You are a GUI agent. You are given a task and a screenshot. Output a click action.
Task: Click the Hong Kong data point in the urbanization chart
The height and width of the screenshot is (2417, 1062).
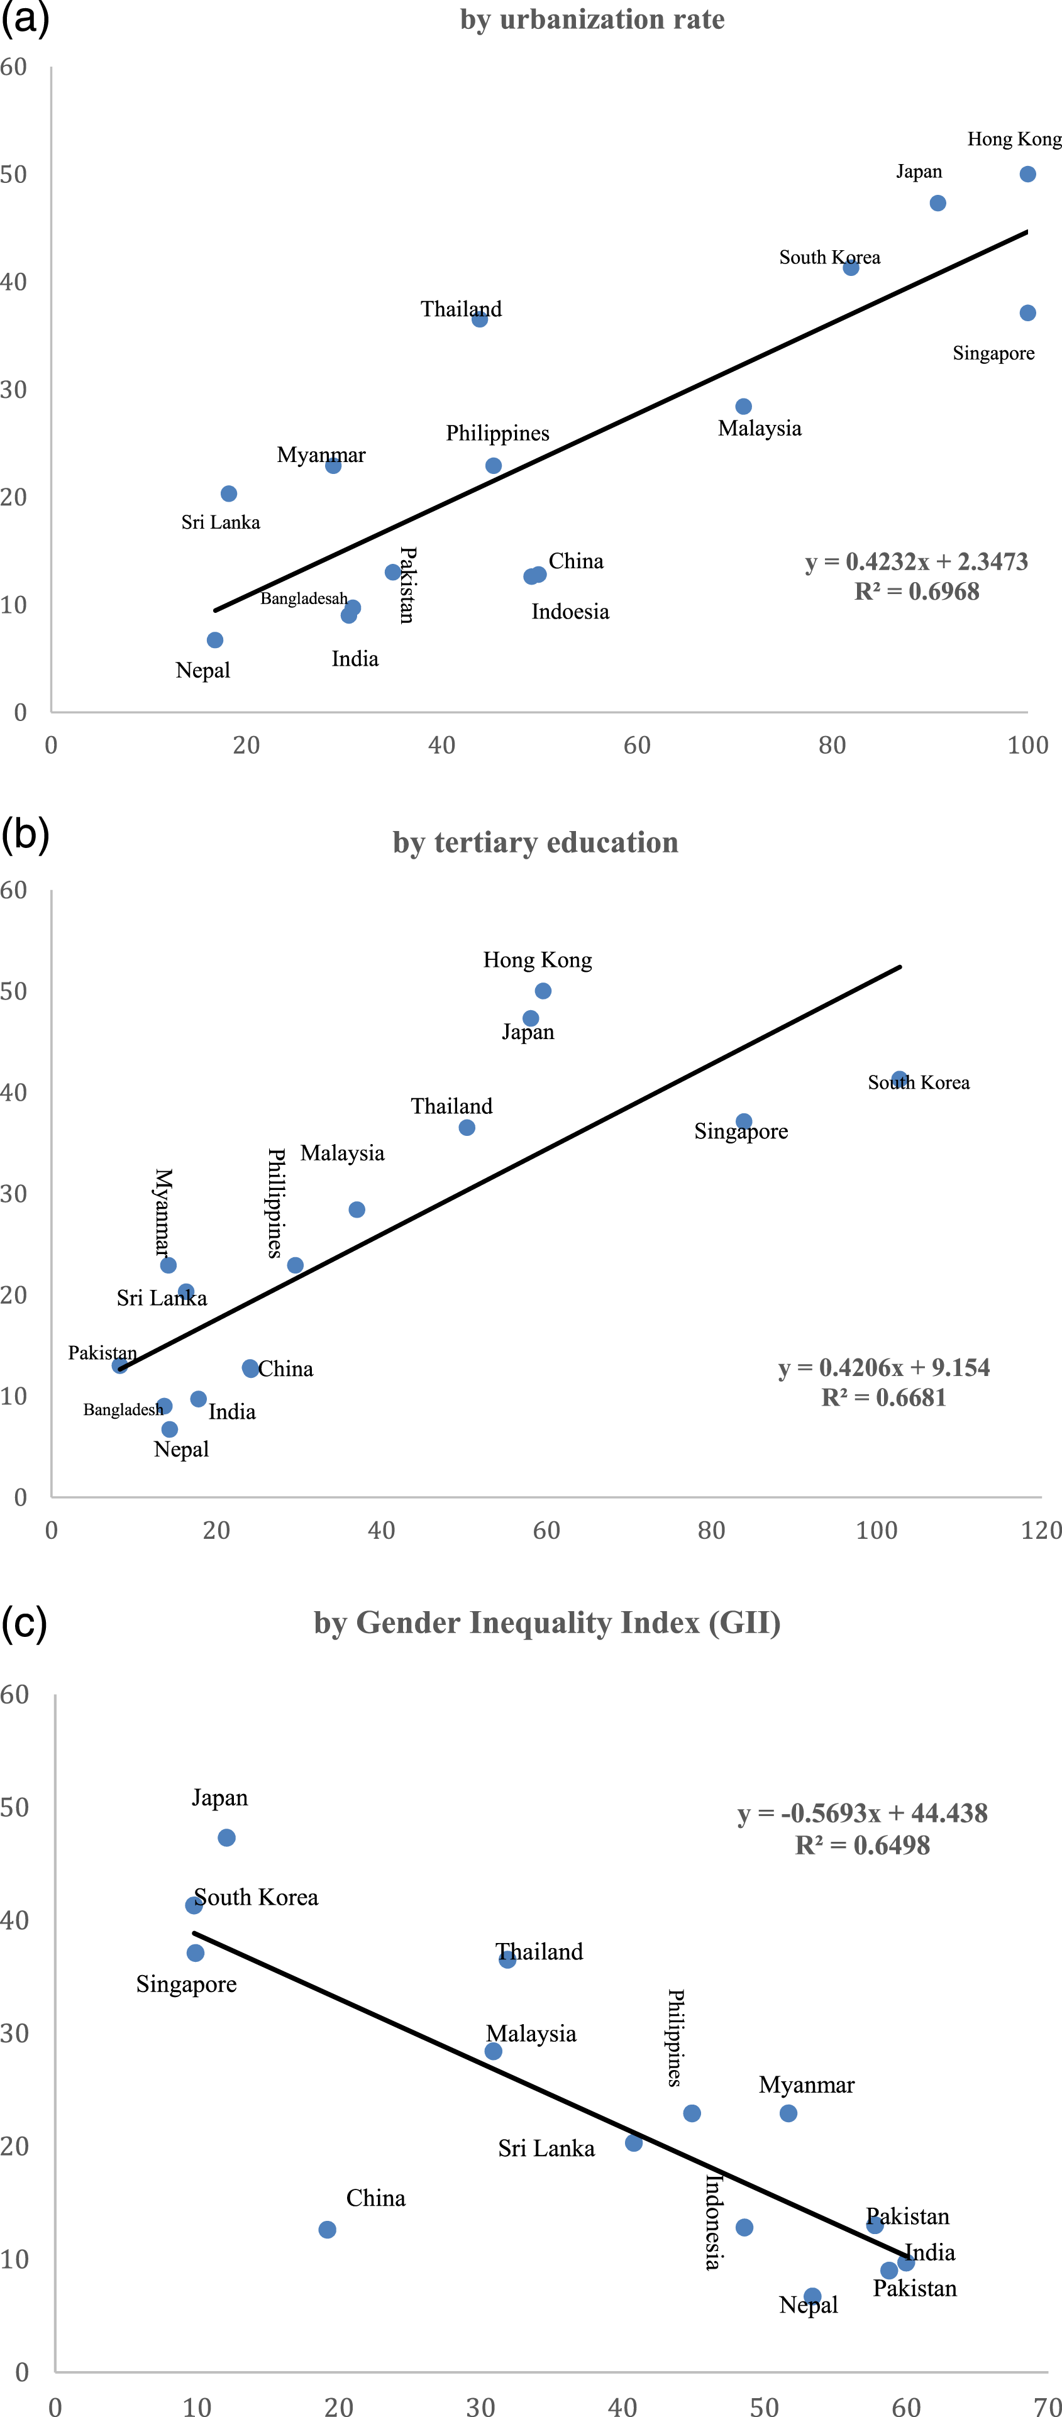[x=1027, y=173]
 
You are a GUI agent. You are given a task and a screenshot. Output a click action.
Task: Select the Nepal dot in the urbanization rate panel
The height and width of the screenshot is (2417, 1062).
[x=215, y=640]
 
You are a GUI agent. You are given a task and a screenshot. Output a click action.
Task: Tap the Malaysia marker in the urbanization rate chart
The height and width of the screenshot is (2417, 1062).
[x=743, y=406]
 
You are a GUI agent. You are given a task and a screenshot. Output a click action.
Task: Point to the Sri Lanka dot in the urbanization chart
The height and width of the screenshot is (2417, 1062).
[x=229, y=493]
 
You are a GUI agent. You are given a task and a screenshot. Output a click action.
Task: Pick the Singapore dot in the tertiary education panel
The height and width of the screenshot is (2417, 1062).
[x=744, y=1121]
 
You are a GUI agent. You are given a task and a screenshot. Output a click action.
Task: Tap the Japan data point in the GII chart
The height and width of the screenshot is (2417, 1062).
[x=226, y=1837]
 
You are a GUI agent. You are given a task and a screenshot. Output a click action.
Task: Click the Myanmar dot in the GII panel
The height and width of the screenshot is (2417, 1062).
[x=788, y=2113]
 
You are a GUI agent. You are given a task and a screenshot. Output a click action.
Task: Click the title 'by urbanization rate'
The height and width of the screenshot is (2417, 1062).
[x=592, y=19]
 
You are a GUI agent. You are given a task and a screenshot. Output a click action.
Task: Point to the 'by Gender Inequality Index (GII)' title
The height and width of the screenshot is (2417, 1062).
[x=547, y=1622]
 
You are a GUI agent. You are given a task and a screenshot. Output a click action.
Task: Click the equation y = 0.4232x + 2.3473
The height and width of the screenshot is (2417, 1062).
[x=917, y=561]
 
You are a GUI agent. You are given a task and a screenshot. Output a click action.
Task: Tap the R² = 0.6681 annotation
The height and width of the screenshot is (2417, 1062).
[x=884, y=1397]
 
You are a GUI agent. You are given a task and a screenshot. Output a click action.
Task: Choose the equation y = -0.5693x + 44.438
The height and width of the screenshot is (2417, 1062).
[x=862, y=1813]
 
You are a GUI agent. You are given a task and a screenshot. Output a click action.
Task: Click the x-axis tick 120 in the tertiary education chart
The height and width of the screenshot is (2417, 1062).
[x=1041, y=1530]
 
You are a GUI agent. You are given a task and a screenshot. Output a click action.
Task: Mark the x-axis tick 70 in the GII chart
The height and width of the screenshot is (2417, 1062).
[x=1048, y=2406]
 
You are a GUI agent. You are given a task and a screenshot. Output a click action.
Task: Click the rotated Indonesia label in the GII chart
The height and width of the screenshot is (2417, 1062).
[x=713, y=2222]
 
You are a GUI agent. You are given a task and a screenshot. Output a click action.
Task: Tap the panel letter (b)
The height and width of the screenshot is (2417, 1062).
[x=25, y=833]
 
